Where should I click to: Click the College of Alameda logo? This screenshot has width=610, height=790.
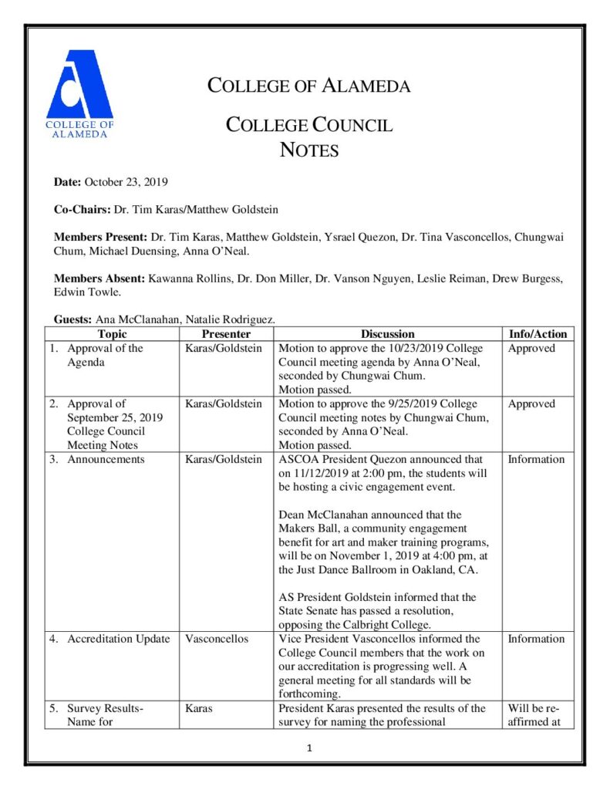click(79, 93)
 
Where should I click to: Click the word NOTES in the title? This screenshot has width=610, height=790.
click(308, 150)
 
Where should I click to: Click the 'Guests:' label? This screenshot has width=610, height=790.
click(72, 319)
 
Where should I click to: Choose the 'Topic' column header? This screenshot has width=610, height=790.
click(113, 334)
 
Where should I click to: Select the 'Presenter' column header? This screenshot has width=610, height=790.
click(226, 334)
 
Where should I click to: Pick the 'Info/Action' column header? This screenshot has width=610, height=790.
click(538, 334)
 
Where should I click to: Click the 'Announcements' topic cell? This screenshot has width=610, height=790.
click(106, 459)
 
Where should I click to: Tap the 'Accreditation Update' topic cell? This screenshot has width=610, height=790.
click(118, 639)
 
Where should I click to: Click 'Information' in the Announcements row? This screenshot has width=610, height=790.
click(536, 459)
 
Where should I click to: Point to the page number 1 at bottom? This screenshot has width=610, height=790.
click(306, 748)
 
